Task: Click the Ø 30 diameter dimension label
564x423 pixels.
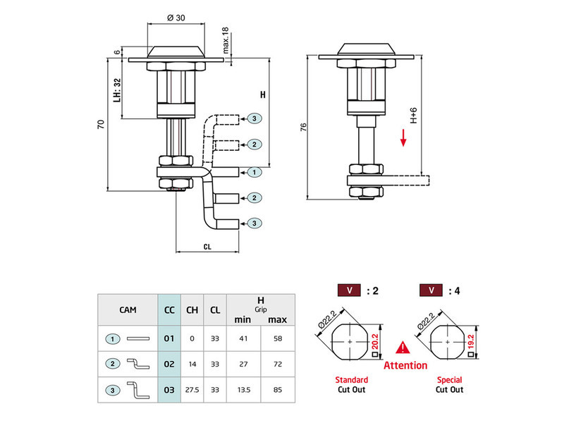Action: click(x=176, y=18)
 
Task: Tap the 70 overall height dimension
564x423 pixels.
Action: click(x=101, y=124)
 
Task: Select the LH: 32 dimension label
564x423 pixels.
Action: click(x=118, y=90)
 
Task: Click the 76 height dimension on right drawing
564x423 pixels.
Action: click(x=303, y=128)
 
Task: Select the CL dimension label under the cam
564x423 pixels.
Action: click(x=207, y=247)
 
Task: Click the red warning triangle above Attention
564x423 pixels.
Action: click(x=403, y=348)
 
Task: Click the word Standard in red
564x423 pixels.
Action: click(x=351, y=380)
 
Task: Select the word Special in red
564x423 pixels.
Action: click(x=449, y=380)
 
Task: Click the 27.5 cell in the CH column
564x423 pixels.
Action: click(x=192, y=388)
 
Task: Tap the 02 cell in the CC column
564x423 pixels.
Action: click(x=169, y=364)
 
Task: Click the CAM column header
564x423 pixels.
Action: click(x=128, y=308)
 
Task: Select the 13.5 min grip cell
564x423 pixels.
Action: click(x=243, y=388)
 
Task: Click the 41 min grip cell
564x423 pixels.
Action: click(x=243, y=338)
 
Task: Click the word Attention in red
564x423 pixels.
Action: click(x=405, y=365)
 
